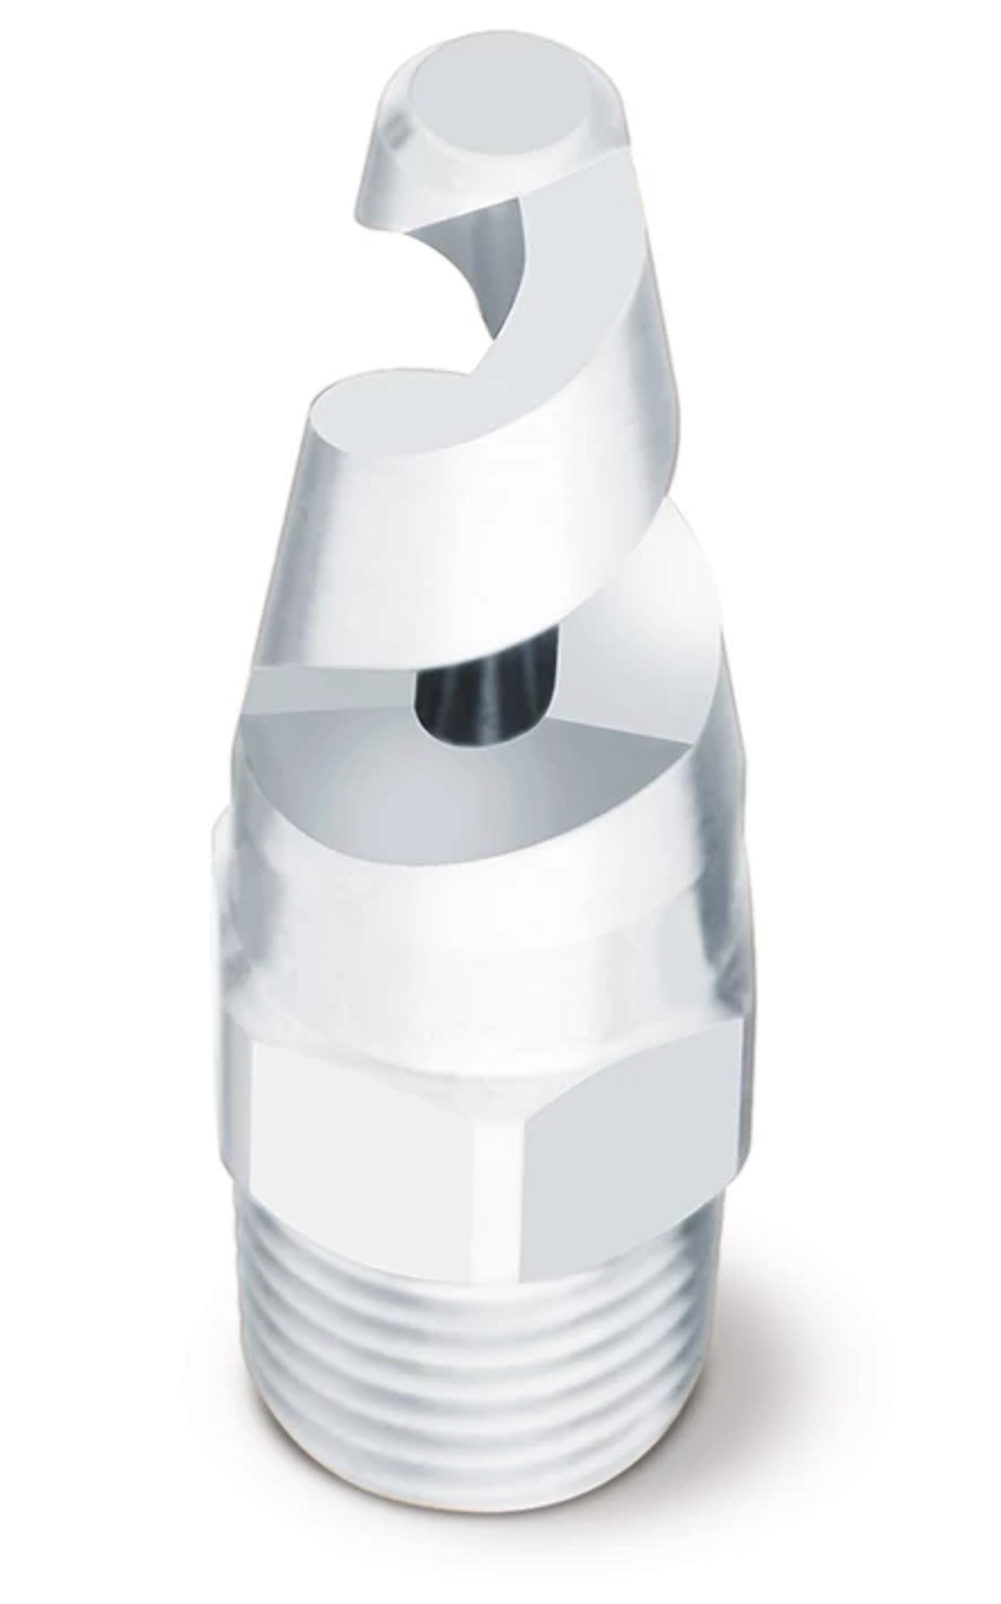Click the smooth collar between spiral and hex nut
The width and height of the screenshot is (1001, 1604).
pos(477,960)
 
